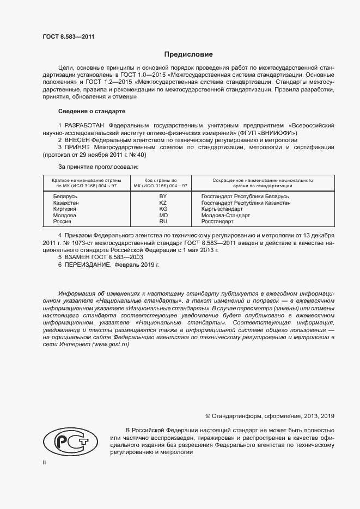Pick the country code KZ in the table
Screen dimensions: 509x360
click(162, 203)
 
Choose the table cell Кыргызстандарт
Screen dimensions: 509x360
click(222, 209)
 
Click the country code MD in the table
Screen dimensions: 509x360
click(162, 216)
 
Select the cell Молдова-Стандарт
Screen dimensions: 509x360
click(225, 216)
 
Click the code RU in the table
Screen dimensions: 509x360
click(162, 222)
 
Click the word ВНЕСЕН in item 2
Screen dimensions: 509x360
click(80, 140)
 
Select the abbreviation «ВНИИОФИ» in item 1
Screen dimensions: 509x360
click(278, 133)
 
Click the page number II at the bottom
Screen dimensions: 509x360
click(45, 462)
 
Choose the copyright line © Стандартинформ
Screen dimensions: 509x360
click(270, 416)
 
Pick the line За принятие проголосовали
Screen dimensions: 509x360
click(98, 167)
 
